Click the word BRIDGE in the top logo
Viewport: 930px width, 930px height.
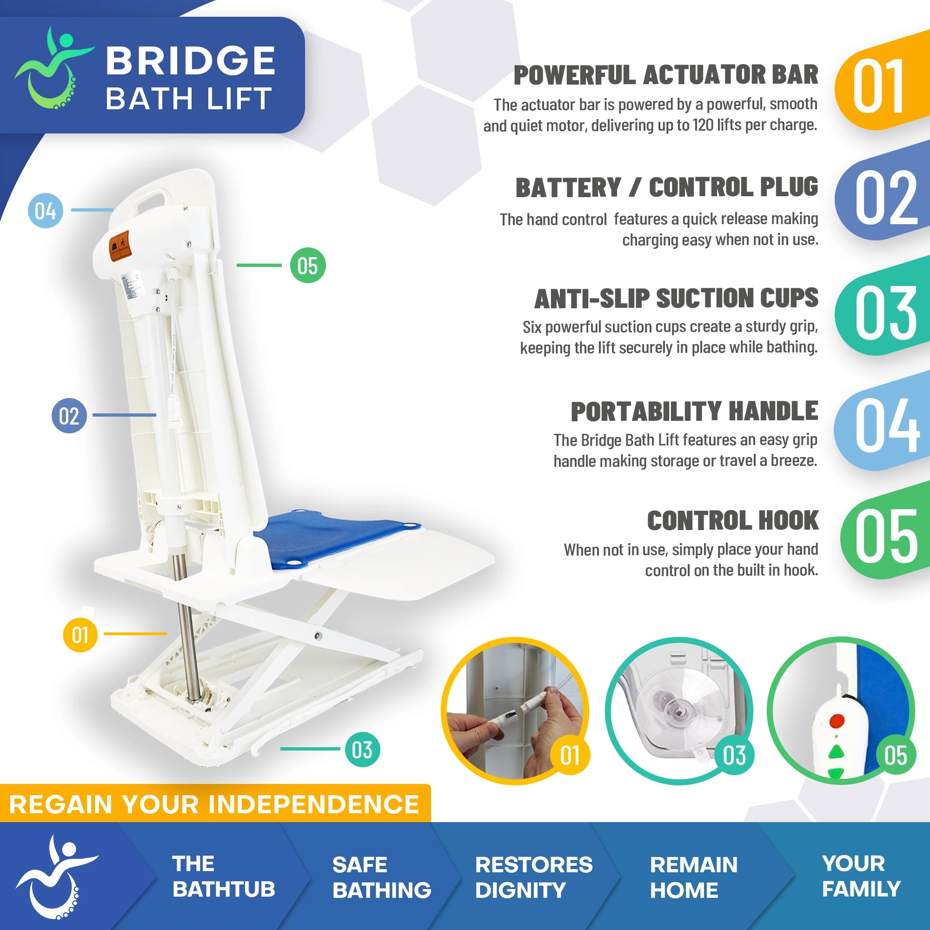(x=190, y=61)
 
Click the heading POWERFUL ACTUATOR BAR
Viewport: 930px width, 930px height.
(x=666, y=75)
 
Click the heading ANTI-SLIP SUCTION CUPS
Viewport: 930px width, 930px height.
(x=676, y=299)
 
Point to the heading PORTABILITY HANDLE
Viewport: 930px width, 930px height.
(x=694, y=412)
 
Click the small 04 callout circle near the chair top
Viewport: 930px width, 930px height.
(x=45, y=210)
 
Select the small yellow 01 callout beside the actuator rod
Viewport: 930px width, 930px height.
(x=80, y=634)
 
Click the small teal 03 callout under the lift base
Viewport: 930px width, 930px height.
(x=362, y=750)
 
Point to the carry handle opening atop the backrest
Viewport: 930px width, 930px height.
(x=153, y=197)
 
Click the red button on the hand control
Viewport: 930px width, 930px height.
(x=837, y=721)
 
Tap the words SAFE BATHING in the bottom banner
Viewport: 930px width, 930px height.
(x=381, y=877)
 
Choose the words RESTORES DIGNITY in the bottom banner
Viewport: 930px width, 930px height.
(x=533, y=877)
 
